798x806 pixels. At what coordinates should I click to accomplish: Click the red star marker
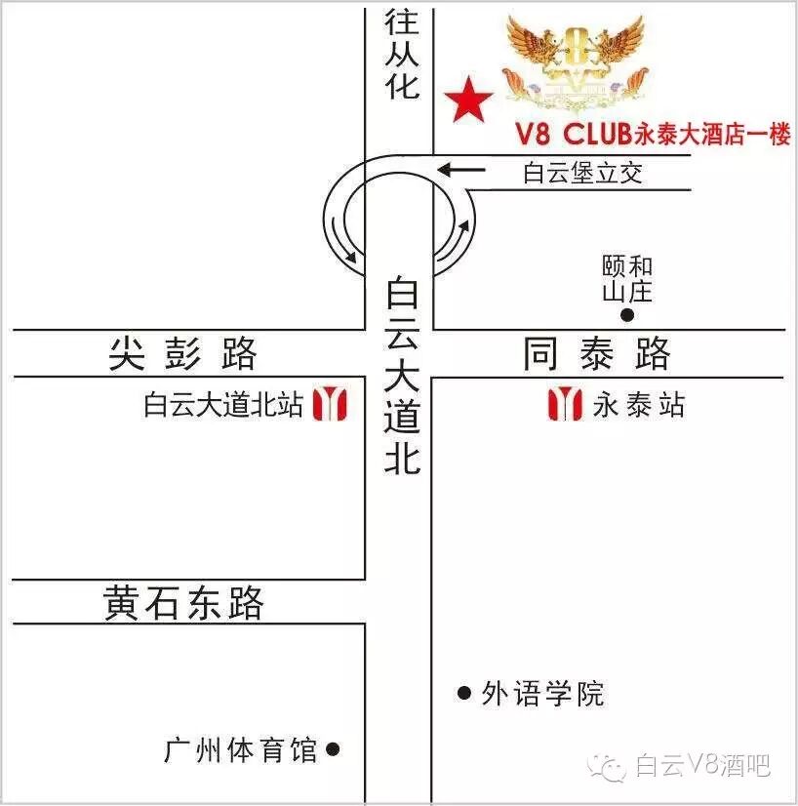(x=469, y=101)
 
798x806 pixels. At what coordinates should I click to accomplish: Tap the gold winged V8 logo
(x=577, y=60)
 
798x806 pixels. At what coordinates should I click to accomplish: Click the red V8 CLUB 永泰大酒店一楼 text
(x=652, y=135)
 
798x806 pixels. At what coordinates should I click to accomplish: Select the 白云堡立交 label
(x=582, y=174)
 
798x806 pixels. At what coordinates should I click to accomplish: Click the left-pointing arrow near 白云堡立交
(x=460, y=171)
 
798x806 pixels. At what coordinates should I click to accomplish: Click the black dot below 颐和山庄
(x=627, y=315)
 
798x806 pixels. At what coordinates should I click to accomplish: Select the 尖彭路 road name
(x=182, y=353)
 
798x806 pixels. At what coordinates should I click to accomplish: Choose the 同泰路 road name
(x=597, y=353)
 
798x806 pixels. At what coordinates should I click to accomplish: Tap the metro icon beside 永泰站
(x=565, y=403)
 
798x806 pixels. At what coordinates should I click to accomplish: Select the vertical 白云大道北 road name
(x=401, y=376)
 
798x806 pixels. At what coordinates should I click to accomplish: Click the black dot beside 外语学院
(x=464, y=694)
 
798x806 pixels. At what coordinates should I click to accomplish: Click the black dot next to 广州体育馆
(x=333, y=749)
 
